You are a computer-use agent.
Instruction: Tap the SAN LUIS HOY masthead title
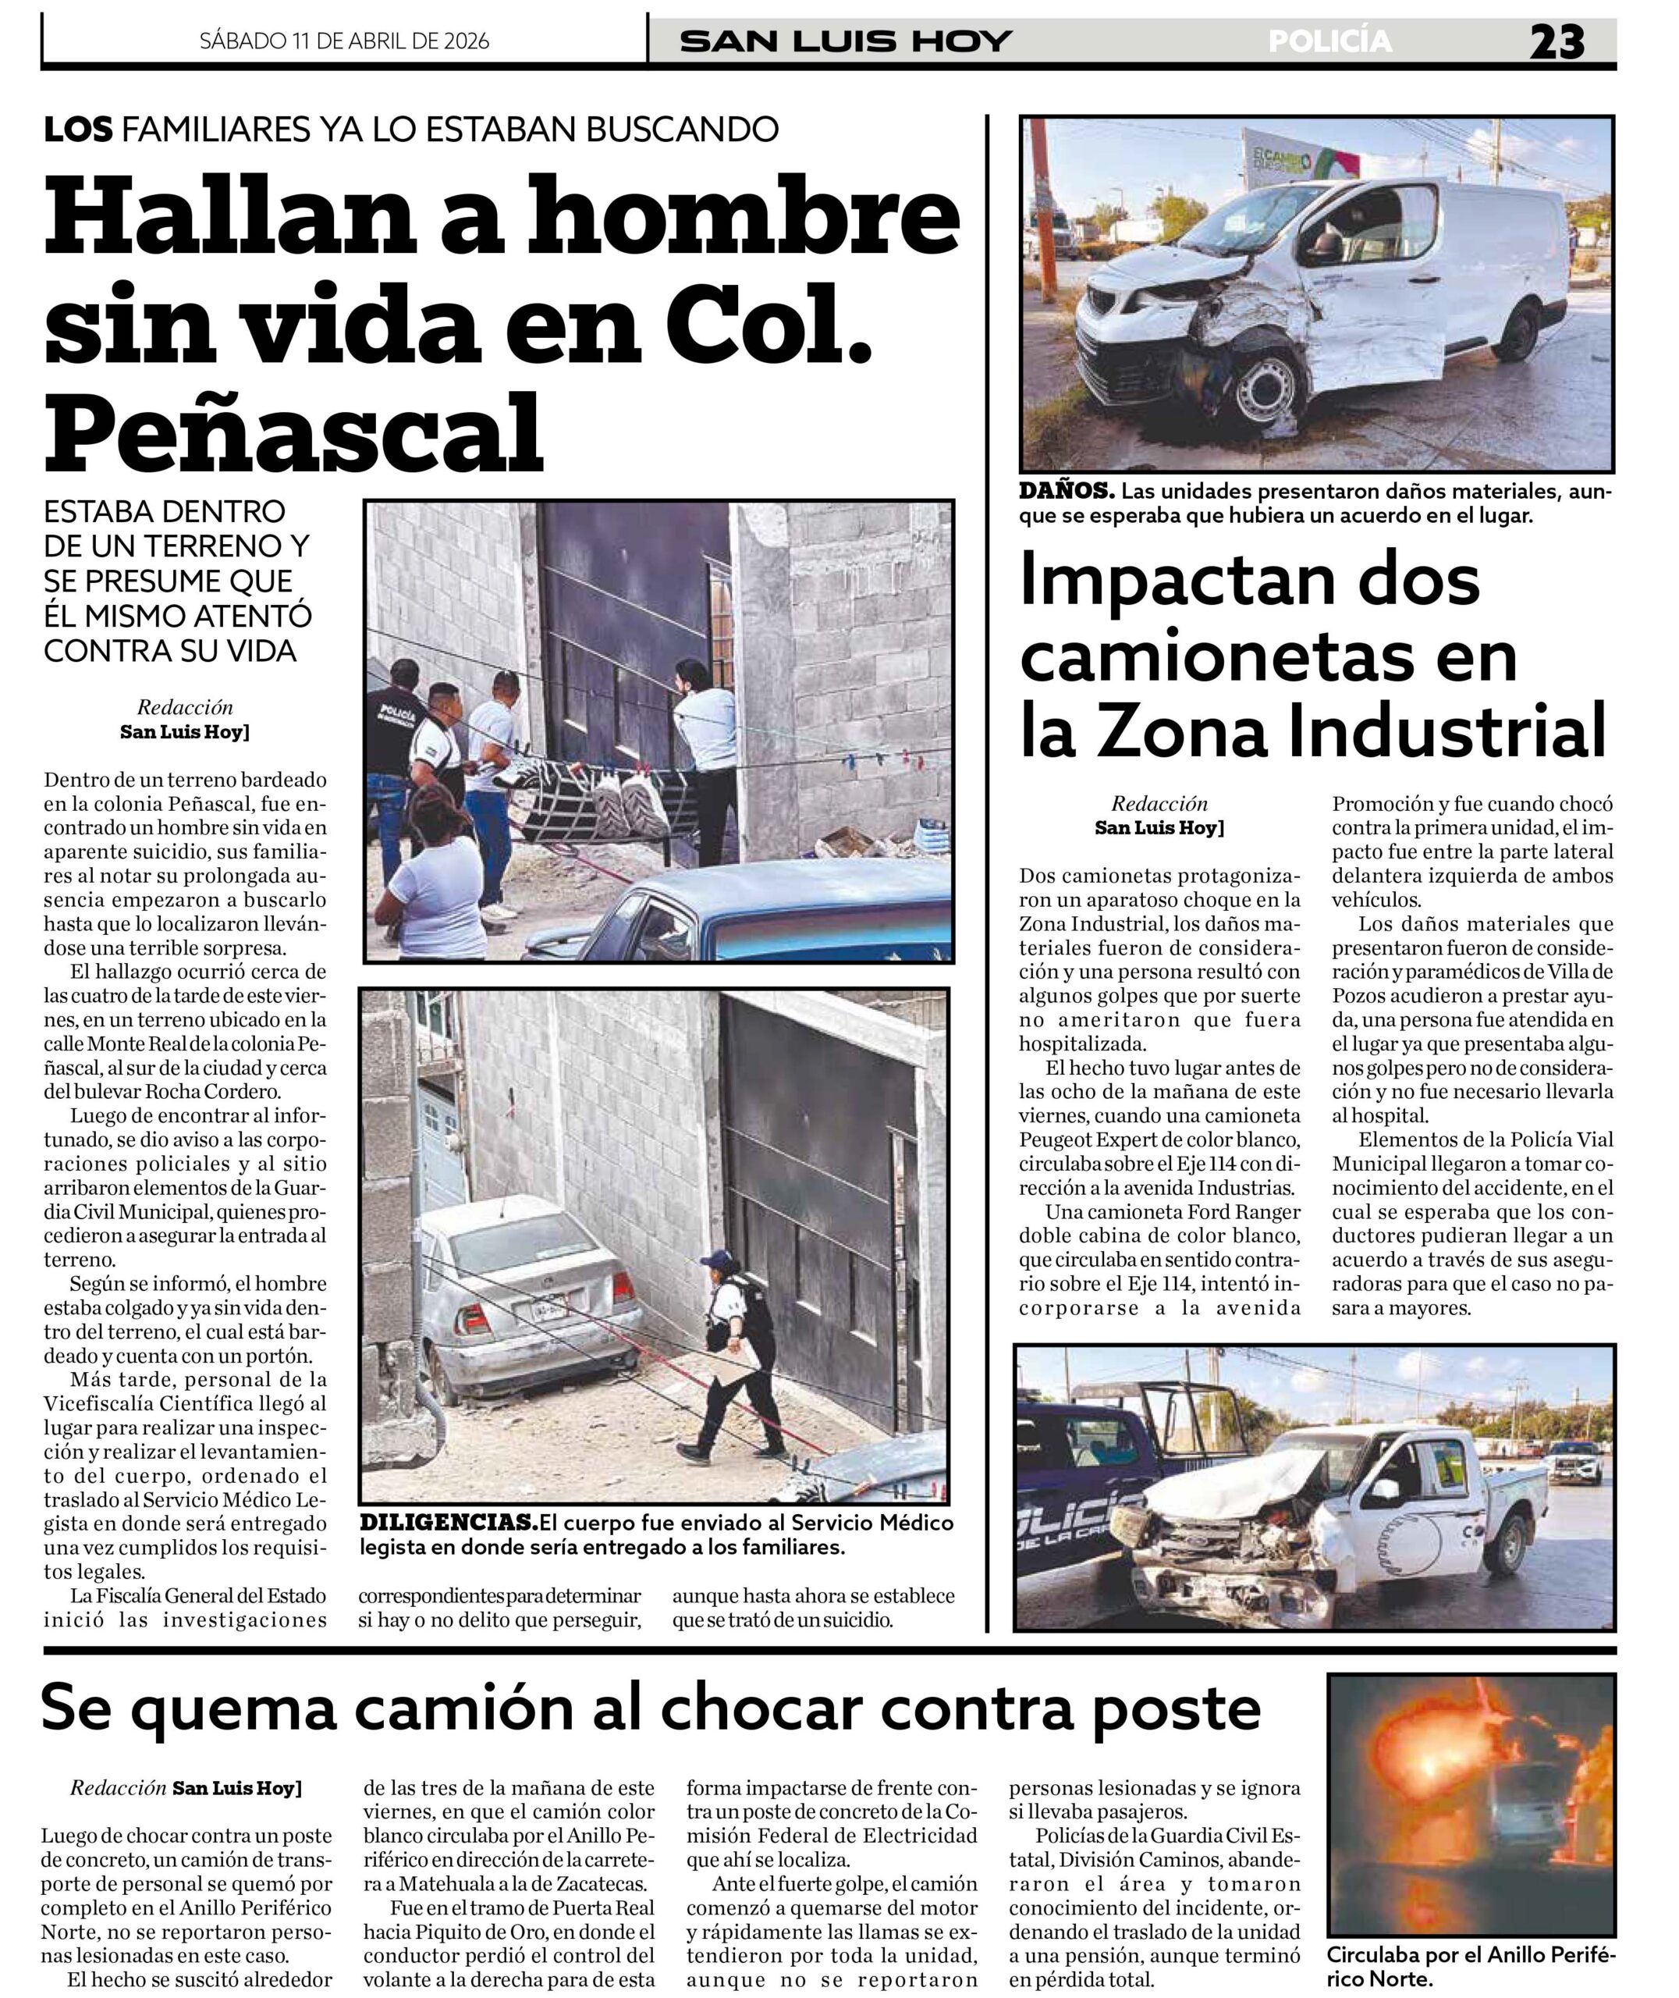(847, 41)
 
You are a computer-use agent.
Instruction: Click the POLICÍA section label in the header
(1329, 41)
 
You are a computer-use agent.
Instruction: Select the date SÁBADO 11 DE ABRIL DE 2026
(345, 41)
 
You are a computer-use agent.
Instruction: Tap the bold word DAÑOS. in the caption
(1066, 491)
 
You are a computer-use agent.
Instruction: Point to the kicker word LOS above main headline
(78, 130)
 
